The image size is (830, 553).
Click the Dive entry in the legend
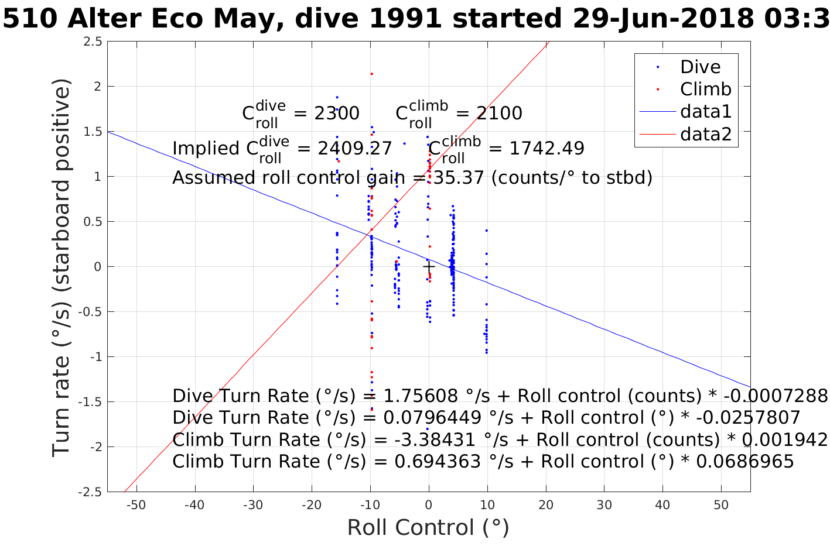tap(700, 67)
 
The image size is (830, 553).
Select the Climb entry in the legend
tap(705, 89)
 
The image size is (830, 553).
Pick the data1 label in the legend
tap(706, 112)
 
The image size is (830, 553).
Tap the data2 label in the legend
tap(706, 135)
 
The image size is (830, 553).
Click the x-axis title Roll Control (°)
tap(428, 527)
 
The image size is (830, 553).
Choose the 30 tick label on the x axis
tap(604, 505)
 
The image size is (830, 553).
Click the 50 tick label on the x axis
tap(721, 505)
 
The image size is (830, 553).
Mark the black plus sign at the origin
tap(429, 267)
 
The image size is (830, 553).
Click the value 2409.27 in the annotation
tap(354, 148)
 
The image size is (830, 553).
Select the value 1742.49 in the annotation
tap(546, 148)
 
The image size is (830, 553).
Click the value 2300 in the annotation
tap(337, 113)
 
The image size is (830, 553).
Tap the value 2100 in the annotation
tap(499, 113)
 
